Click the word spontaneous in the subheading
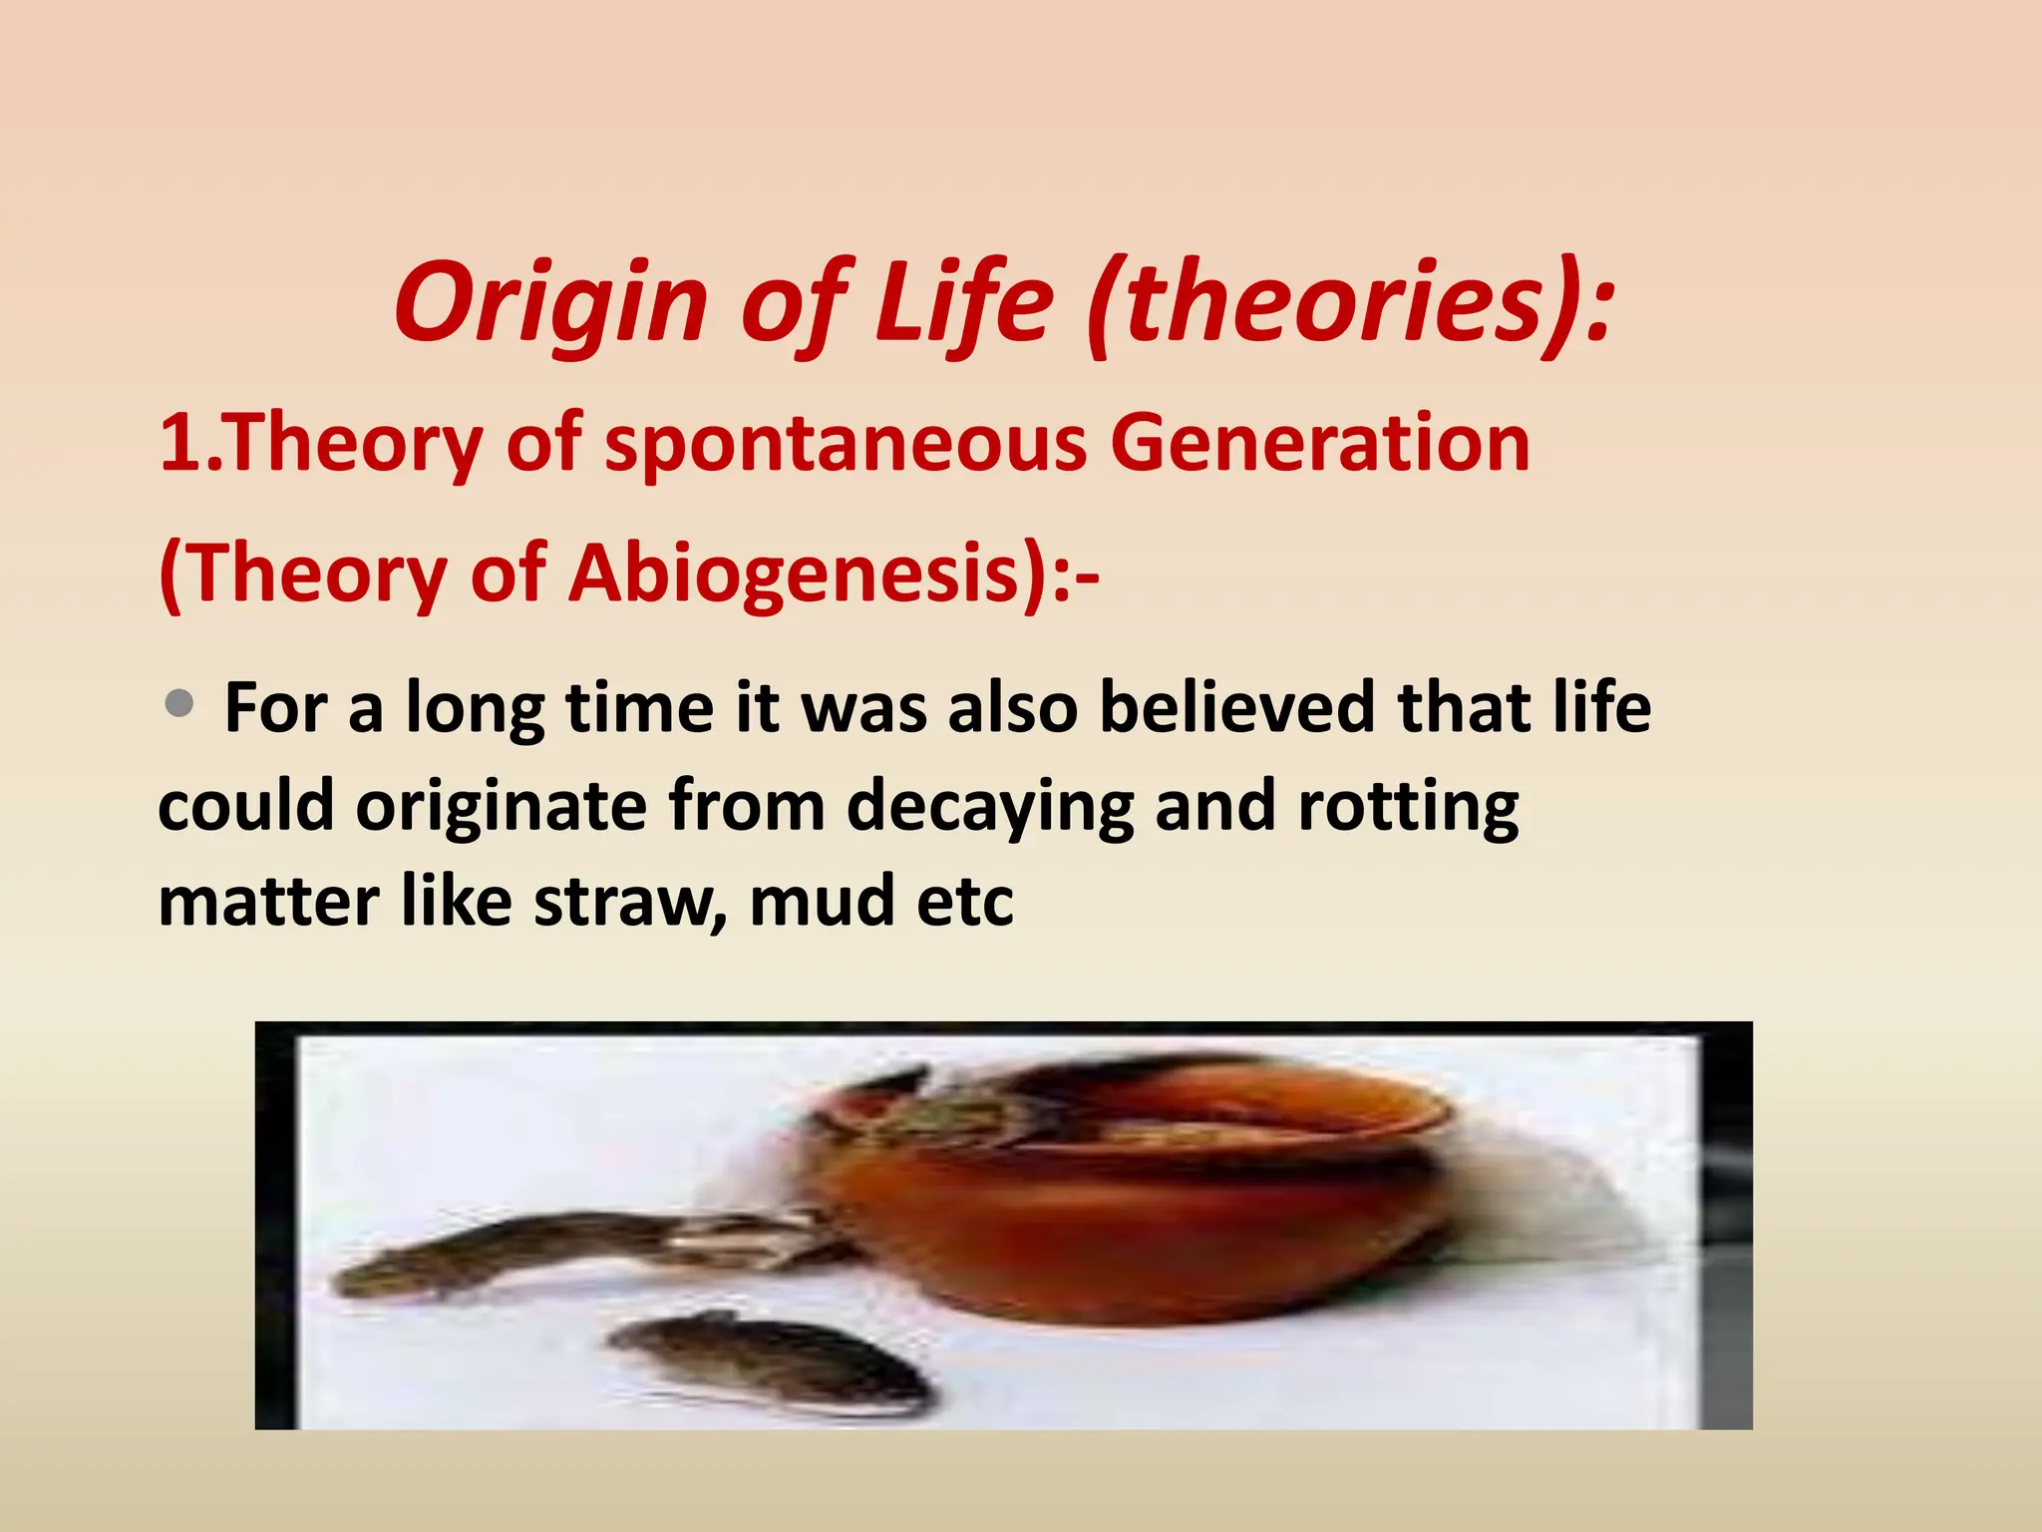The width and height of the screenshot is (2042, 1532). [846, 445]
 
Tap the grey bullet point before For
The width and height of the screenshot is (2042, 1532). [179, 704]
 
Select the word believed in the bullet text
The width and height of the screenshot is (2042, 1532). [1236, 708]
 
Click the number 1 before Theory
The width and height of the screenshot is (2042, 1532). [180, 445]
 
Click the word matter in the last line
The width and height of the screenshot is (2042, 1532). [268, 902]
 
